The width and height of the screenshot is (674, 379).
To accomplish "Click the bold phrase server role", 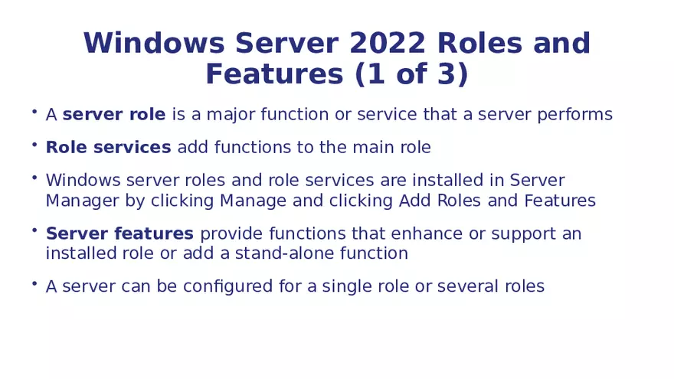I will coord(114,115).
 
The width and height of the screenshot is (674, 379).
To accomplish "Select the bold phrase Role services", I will coord(108,147).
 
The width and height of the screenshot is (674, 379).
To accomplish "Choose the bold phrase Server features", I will coord(119,234).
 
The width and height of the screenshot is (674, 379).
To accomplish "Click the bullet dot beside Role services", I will coord(34,144).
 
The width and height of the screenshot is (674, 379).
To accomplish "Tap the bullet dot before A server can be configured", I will coord(34,283).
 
